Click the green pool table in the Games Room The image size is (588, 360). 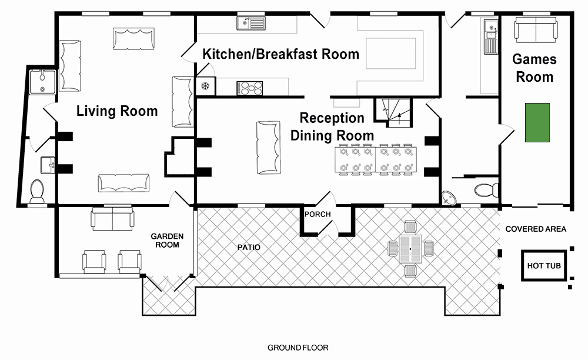click(537, 122)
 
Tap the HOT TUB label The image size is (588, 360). click(544, 266)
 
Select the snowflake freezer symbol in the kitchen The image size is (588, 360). click(205, 86)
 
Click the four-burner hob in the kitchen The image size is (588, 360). click(250, 88)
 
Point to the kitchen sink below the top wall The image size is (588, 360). click(251, 23)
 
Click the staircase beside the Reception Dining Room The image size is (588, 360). click(393, 112)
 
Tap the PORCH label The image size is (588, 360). click(318, 214)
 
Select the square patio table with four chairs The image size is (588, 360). click(410, 249)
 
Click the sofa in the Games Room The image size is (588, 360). click(536, 29)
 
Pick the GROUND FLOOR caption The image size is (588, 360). click(298, 348)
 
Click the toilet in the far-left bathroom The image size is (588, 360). click(36, 191)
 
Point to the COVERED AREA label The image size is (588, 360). click(536, 229)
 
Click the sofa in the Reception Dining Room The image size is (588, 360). click(269, 148)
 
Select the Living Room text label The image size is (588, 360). click(117, 111)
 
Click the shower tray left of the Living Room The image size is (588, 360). click(43, 82)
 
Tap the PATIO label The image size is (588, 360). click(249, 248)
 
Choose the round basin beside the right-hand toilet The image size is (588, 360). click(449, 197)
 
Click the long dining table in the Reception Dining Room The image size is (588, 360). click(375, 159)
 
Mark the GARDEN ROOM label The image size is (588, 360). click(167, 241)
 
